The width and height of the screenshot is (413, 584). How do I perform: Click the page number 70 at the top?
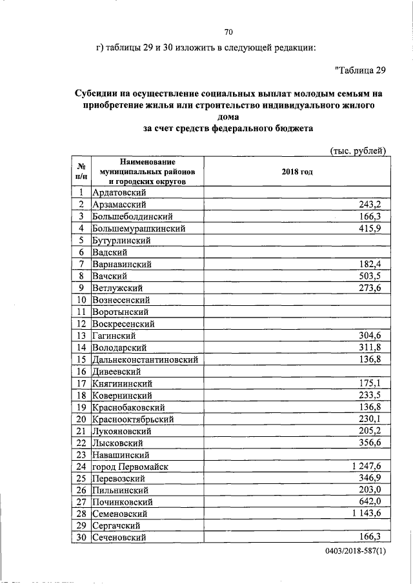coord(228,32)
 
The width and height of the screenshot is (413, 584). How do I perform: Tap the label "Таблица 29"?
coord(361,70)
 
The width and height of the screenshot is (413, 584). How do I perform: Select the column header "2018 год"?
coord(297,172)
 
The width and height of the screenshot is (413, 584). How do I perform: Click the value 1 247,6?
coord(368,466)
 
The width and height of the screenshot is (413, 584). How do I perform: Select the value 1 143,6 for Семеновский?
coord(368,513)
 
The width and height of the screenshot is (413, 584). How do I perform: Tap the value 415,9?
coord(373,228)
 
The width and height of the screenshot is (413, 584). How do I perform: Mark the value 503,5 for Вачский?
coord(373,276)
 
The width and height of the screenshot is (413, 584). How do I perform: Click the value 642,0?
coord(373,501)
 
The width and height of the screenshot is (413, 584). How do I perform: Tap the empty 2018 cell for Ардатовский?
coord(297,192)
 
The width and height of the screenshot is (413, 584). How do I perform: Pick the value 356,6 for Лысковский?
coord(373,442)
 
